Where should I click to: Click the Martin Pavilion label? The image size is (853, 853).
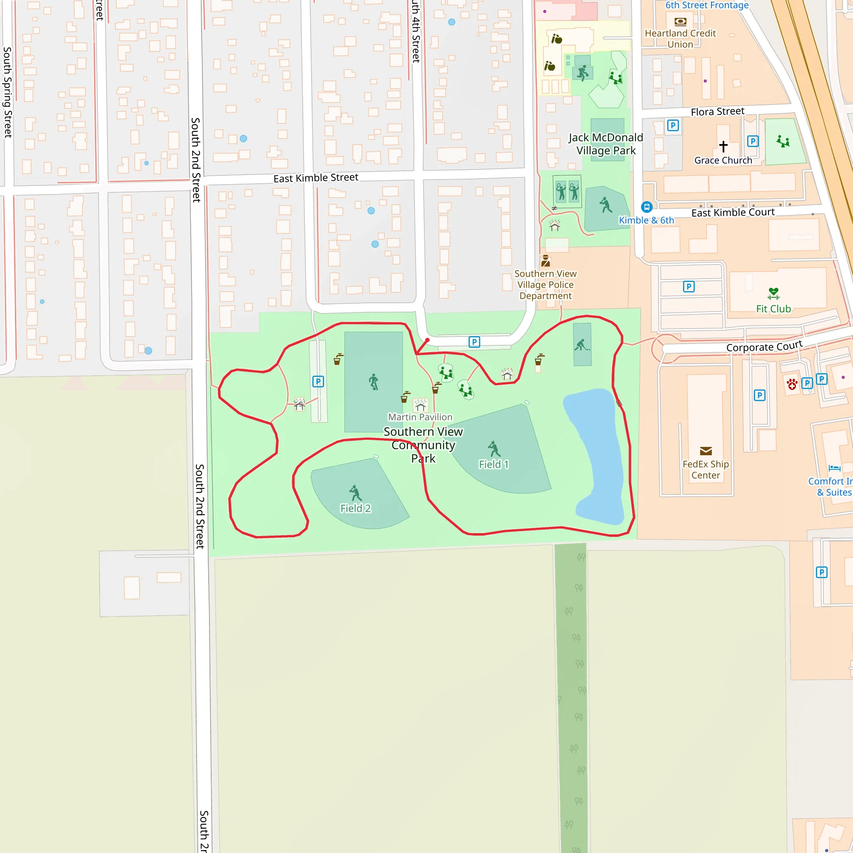(x=420, y=417)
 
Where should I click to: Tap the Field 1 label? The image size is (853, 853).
(x=494, y=464)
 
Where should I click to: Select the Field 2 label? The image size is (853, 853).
(x=355, y=508)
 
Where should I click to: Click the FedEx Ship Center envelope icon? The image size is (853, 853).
(x=706, y=451)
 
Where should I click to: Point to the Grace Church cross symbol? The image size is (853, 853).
(x=723, y=146)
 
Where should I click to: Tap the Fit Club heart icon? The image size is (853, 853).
(x=773, y=293)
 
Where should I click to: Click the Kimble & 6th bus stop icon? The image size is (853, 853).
(x=646, y=207)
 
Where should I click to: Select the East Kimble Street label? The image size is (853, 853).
(x=316, y=178)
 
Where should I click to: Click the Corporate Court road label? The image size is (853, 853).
(x=764, y=346)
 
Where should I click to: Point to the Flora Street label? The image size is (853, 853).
(x=718, y=112)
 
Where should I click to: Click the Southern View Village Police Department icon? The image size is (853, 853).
(x=546, y=261)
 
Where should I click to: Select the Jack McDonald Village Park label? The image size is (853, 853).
(x=606, y=144)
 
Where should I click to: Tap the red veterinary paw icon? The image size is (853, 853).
(x=792, y=384)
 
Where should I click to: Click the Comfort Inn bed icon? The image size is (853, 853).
(x=834, y=468)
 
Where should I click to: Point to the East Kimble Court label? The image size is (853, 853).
(x=733, y=212)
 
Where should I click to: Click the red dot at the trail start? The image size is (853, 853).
(x=427, y=340)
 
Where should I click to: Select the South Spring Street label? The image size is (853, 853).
(x=7, y=92)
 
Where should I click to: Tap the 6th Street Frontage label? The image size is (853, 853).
(x=707, y=5)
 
